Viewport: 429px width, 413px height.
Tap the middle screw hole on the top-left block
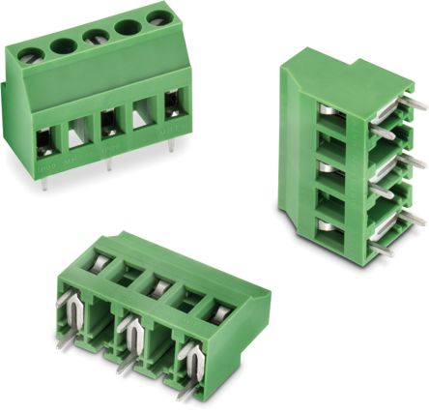click(x=94, y=36)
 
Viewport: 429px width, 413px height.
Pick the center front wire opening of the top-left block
click(x=108, y=124)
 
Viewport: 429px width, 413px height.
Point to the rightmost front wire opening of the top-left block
click(x=172, y=108)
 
